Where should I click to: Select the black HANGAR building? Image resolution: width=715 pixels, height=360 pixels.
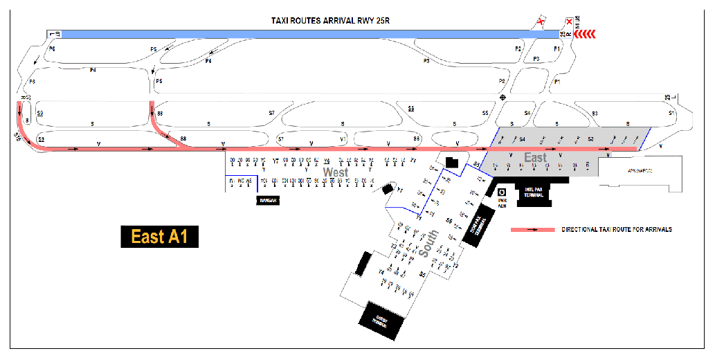coord(269,200)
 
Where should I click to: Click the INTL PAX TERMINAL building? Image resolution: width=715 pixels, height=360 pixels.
coord(533,193)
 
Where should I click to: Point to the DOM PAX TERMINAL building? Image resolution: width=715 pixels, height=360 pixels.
coord(479,226)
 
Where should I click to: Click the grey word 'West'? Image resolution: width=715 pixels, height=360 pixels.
coord(335,171)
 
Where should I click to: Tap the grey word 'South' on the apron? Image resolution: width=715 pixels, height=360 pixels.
coord(427,244)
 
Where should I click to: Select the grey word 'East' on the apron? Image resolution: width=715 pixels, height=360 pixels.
coord(535,158)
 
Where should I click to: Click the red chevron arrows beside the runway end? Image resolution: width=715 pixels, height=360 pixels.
coord(587,33)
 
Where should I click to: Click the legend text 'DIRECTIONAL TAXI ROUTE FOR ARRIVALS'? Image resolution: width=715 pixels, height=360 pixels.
coord(617,229)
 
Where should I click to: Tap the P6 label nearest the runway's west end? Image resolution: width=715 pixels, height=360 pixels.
coord(51,49)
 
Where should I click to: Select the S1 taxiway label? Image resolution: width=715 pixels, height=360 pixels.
coord(671,113)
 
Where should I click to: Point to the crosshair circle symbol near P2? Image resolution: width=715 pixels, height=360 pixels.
coord(503,98)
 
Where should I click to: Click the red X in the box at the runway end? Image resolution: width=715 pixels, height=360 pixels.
coord(569,22)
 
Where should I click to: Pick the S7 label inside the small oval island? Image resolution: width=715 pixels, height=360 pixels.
coord(280,139)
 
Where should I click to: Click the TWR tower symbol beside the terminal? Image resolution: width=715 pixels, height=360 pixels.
coord(503,193)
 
